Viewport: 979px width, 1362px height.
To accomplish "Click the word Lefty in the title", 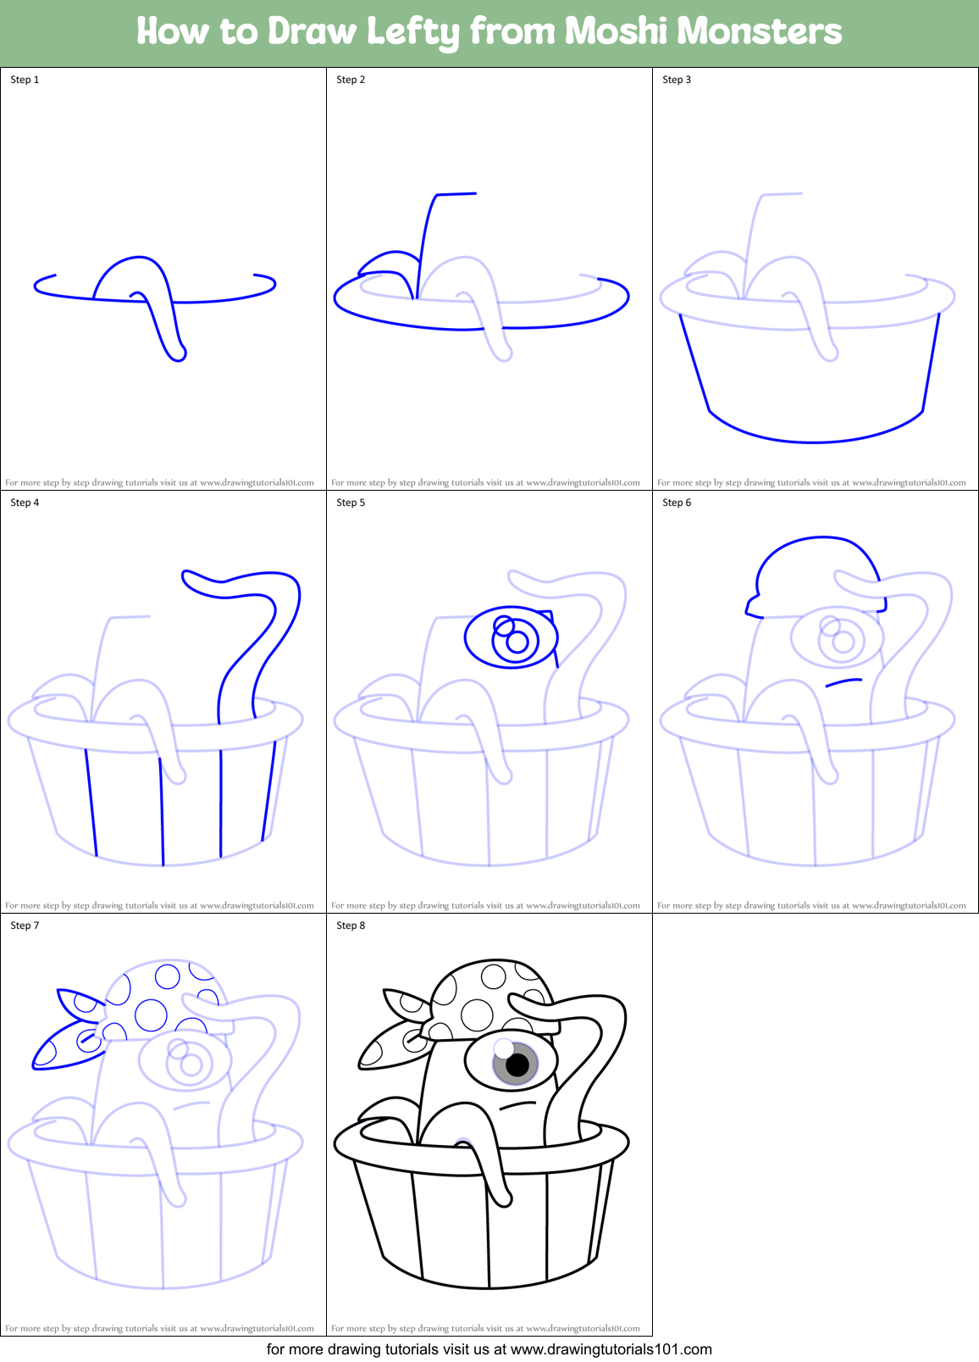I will click(x=412, y=32).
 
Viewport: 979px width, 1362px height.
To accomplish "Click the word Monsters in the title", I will click(x=759, y=32).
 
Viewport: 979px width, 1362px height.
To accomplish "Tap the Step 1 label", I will click(x=25, y=80).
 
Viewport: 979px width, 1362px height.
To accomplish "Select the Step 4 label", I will click(x=25, y=503).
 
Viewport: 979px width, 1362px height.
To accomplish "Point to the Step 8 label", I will click(x=351, y=926).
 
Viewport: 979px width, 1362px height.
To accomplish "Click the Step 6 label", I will click(x=677, y=503).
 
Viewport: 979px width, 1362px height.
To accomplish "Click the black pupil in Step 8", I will click(x=517, y=1065).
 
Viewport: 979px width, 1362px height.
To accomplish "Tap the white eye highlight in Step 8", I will click(x=504, y=1049).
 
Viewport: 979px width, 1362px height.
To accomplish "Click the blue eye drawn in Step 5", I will click(x=511, y=637).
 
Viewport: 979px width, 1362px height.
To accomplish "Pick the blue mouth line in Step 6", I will click(x=843, y=681).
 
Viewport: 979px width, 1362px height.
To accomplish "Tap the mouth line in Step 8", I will click(x=518, y=1105).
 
